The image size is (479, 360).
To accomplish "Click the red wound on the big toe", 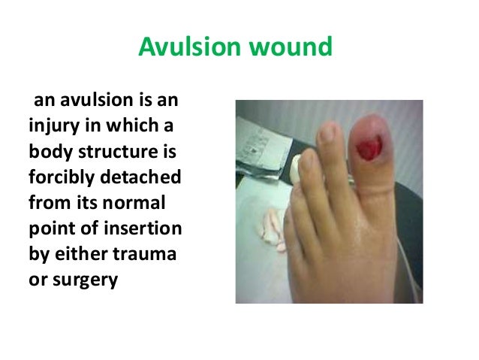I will coord(369,149).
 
